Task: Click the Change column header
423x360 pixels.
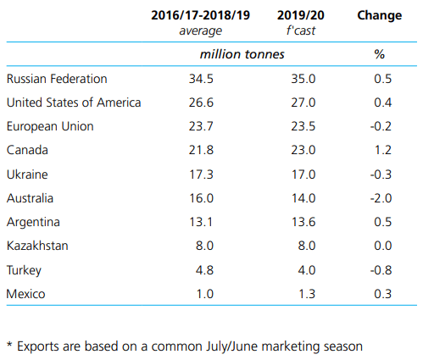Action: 379,16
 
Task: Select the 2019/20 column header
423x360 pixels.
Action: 301,15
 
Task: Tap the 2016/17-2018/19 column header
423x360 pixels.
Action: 201,15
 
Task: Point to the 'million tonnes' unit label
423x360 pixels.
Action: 242,54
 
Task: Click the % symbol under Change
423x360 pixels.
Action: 380,54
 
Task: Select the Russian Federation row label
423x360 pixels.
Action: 57,79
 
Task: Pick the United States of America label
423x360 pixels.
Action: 74,102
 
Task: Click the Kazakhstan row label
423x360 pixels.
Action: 37,246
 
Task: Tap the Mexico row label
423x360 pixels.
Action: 25,294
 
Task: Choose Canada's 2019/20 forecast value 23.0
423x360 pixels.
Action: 303,150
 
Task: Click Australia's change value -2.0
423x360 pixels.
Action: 381,198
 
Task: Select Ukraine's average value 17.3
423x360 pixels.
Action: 201,174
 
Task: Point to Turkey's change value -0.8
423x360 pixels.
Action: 381,270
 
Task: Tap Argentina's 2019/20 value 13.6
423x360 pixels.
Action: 303,222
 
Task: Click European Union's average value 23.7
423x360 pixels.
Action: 201,126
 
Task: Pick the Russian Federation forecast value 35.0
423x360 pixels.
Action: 303,79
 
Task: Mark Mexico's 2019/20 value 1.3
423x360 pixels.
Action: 307,294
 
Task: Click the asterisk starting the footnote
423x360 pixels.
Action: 9,344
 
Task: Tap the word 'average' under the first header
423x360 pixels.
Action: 201,30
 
